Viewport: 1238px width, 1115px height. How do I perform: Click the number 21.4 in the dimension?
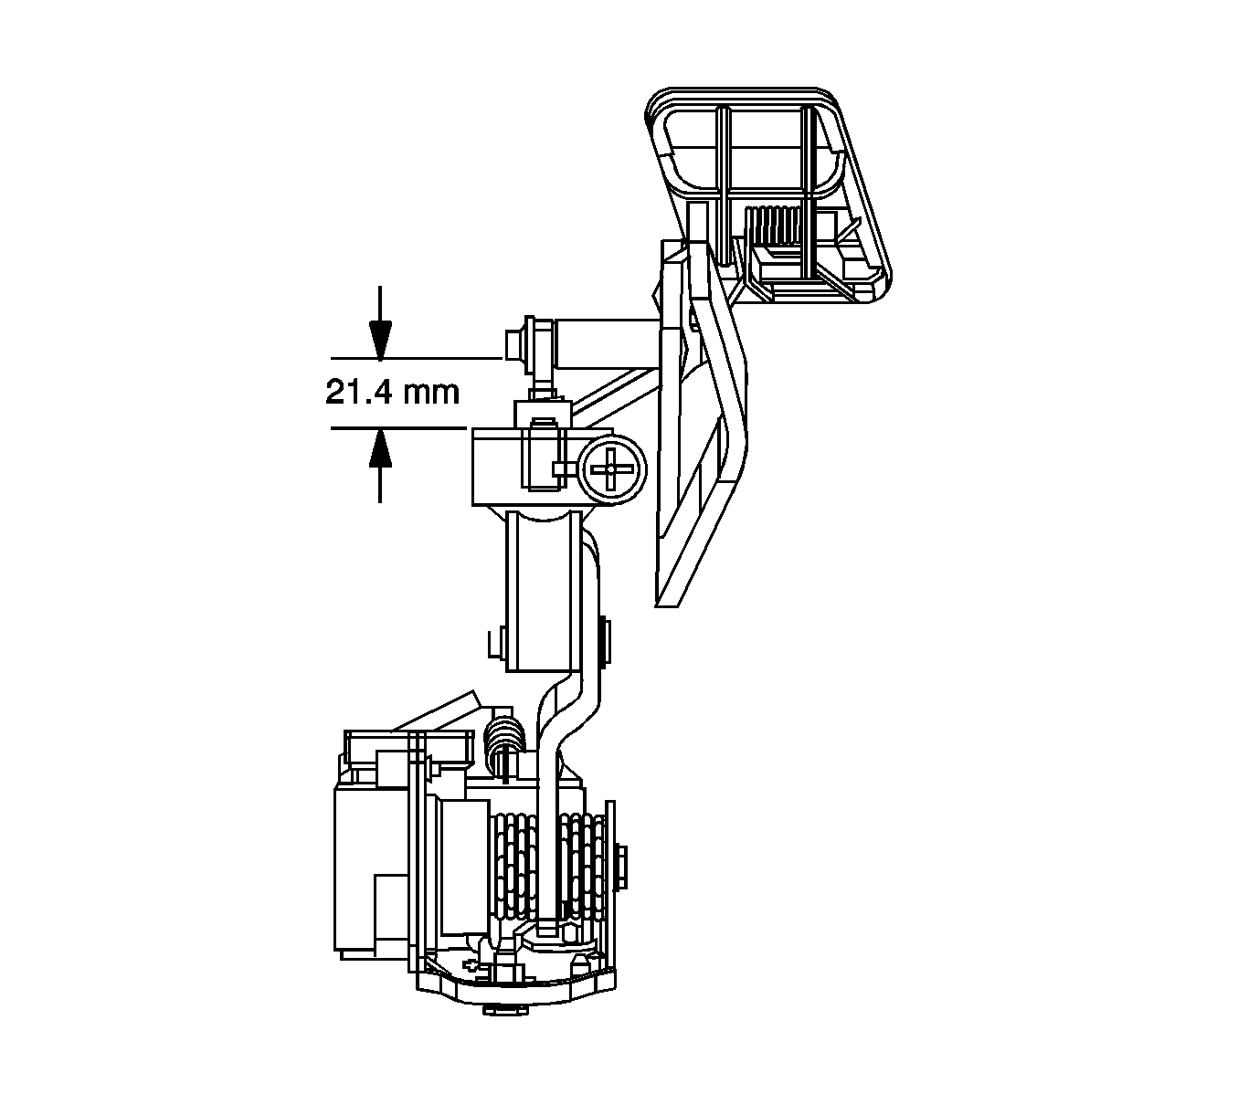pyautogui.click(x=358, y=392)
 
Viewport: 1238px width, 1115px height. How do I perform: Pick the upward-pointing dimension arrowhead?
pyautogui.click(x=380, y=448)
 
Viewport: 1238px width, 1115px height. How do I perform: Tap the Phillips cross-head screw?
pyautogui.click(x=611, y=469)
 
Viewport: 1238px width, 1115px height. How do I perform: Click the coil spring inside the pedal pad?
pyautogui.click(x=774, y=226)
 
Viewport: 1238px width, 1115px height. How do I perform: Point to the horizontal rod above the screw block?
pyautogui.click(x=605, y=343)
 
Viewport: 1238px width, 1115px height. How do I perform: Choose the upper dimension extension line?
pyautogui.click(x=417, y=358)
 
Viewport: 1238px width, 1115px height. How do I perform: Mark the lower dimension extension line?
pyautogui.click(x=398, y=427)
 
